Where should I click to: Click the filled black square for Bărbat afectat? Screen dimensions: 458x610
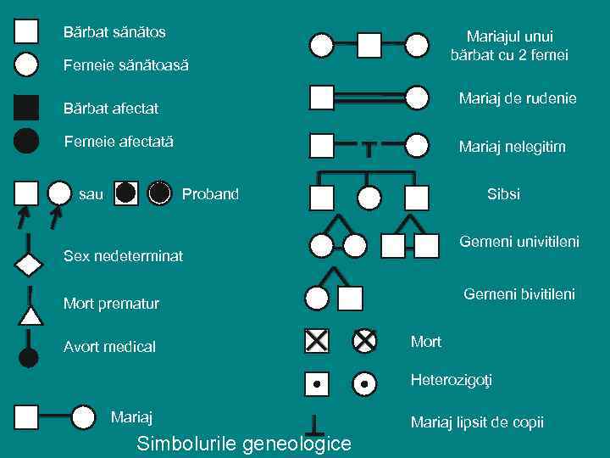[27, 108]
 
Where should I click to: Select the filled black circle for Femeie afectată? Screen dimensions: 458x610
[27, 140]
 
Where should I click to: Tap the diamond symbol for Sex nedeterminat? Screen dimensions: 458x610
[29, 264]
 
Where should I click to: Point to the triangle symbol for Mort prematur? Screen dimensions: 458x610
[30, 316]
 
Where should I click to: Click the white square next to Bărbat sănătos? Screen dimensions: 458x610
[27, 31]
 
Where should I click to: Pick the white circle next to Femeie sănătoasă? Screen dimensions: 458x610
[27, 64]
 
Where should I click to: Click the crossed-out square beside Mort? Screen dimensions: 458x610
[316, 341]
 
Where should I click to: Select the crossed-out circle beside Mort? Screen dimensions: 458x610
[364, 341]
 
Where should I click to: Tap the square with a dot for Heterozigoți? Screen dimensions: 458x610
[316, 384]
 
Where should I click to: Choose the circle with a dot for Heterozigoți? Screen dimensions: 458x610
[364, 384]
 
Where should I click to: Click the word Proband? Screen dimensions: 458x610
[210, 194]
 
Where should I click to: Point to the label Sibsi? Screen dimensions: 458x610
[503, 194]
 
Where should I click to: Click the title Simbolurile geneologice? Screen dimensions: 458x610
[244, 444]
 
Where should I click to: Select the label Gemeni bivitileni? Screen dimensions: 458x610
[518, 294]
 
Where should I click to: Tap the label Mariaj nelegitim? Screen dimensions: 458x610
[512, 147]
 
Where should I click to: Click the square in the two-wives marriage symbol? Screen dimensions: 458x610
[369, 44]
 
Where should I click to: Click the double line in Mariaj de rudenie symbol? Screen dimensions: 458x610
[369, 98]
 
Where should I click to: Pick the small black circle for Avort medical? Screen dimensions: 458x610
[29, 357]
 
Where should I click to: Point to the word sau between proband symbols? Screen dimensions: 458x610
[91, 194]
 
